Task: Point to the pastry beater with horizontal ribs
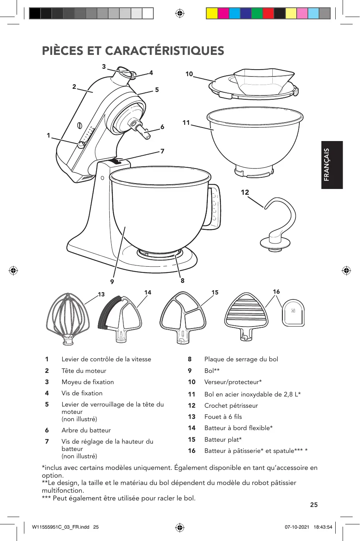[x=246, y=317]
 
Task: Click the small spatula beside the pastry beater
[x=293, y=313]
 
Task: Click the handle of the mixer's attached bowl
[x=215, y=207]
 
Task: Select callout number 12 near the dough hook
[x=245, y=192]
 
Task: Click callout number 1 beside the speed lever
[x=48, y=135]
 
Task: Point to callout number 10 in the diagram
[x=189, y=74]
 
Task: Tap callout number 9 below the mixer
[x=112, y=282]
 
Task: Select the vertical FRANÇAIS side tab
[x=332, y=165]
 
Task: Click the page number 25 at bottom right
[x=314, y=505]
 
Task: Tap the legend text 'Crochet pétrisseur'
[x=231, y=405]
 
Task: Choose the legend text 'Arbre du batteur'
[x=86, y=430]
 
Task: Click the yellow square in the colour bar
[x=212, y=14]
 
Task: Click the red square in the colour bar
[x=268, y=14]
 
